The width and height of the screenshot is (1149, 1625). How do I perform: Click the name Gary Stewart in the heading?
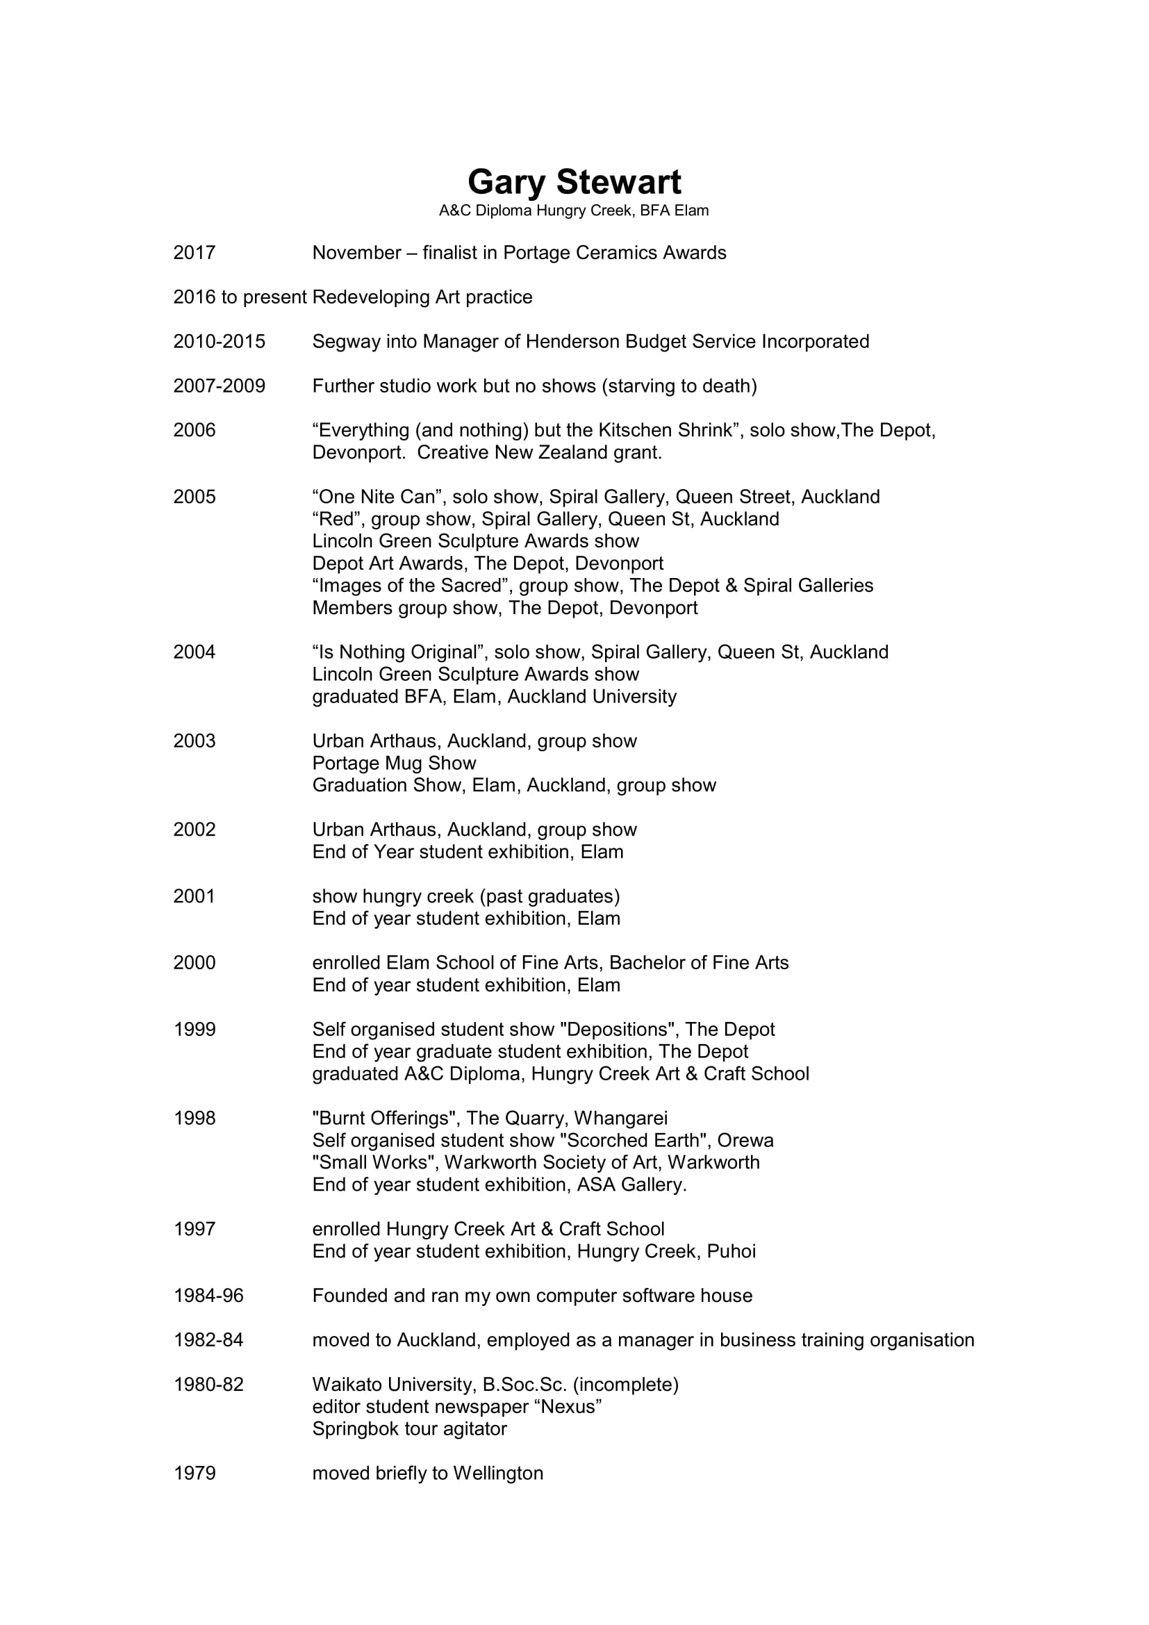pyautogui.click(x=574, y=183)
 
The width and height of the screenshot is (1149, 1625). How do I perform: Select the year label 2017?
pyautogui.click(x=195, y=253)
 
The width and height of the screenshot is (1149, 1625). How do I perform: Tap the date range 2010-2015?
pyautogui.click(x=220, y=341)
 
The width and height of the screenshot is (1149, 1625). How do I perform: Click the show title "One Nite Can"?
pyautogui.click(x=377, y=497)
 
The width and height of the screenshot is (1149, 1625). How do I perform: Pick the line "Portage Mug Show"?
pyautogui.click(x=394, y=763)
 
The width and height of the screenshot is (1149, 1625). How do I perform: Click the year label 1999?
pyautogui.click(x=195, y=1029)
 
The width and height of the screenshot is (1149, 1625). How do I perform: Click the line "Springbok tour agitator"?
pyautogui.click(x=410, y=1428)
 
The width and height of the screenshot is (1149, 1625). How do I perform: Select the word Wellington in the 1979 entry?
pyautogui.click(x=498, y=1473)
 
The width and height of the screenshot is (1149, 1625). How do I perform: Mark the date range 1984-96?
pyautogui.click(x=208, y=1295)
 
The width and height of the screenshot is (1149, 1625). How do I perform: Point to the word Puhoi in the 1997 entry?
pyautogui.click(x=731, y=1251)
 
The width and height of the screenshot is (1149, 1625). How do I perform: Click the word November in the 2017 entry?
pyautogui.click(x=356, y=253)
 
